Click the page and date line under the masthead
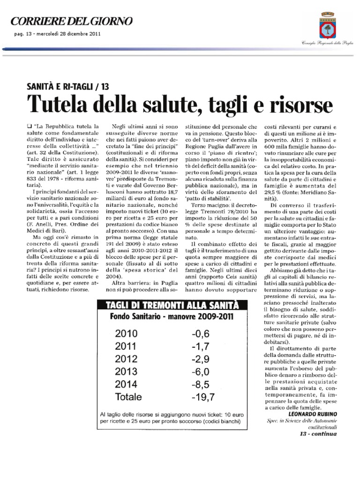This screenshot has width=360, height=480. [54, 34]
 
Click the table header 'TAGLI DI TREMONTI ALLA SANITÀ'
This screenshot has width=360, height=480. [173, 306]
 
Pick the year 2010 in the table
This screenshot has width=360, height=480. [126, 334]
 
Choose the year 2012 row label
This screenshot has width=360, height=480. [126, 359]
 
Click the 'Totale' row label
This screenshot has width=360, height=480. [128, 397]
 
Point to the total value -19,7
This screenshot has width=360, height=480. [203, 397]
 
